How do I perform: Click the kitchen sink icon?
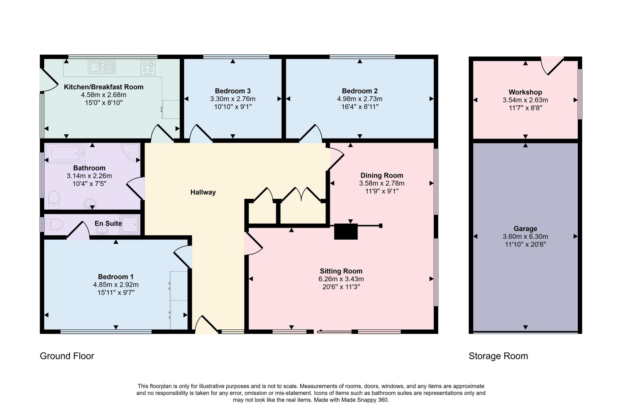101,67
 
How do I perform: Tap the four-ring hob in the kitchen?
148,68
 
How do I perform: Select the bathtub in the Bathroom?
65,153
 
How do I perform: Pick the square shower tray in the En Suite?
130,225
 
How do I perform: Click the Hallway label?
203,192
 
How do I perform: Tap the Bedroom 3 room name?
233,91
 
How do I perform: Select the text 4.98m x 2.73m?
360,99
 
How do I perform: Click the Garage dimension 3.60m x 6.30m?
525,236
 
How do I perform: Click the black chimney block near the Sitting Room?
346,232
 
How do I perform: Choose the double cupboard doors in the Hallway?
301,194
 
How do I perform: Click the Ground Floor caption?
67,356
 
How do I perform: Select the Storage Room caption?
498,356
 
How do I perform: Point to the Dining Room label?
381,175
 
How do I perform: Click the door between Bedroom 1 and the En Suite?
78,231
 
